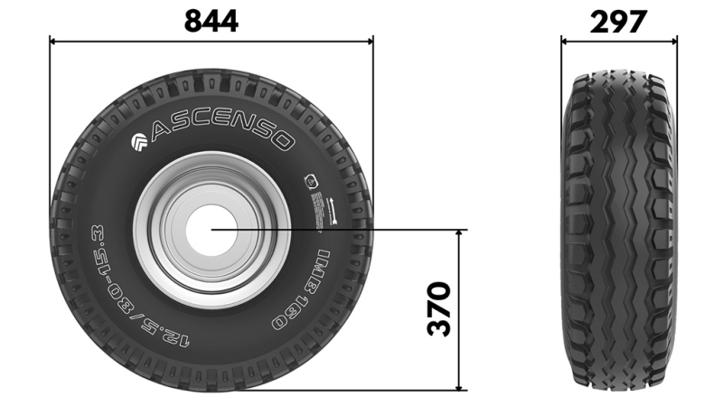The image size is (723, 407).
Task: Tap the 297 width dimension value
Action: (x=619, y=20)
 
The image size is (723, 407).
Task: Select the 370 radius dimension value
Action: (x=438, y=309)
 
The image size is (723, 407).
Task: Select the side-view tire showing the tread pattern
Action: (x=619, y=231)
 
